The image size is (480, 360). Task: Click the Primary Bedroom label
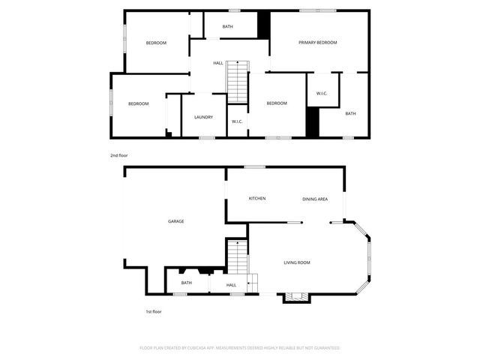coord(318,43)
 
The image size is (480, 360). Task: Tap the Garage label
coord(176,221)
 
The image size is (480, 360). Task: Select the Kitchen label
coord(257,198)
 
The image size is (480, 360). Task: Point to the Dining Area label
coord(315,199)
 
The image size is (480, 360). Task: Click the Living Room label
coord(296,262)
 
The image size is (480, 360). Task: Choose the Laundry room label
coord(203,117)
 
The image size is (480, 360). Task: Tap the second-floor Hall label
coord(218,63)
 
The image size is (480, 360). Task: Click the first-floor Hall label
coord(231,285)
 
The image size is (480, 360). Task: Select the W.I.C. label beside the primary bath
coord(322,94)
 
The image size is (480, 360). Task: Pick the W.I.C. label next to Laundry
coord(236,121)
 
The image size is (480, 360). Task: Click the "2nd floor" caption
coord(119,155)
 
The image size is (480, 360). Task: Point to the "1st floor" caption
coord(153,311)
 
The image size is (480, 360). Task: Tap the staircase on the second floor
coord(237,81)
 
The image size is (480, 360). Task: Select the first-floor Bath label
coord(186,283)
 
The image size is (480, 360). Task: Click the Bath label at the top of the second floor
coord(227,27)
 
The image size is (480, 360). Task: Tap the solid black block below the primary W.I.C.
coord(313,121)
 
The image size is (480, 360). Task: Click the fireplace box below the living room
coord(294,297)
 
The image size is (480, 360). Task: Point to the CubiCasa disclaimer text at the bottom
coord(240,348)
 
